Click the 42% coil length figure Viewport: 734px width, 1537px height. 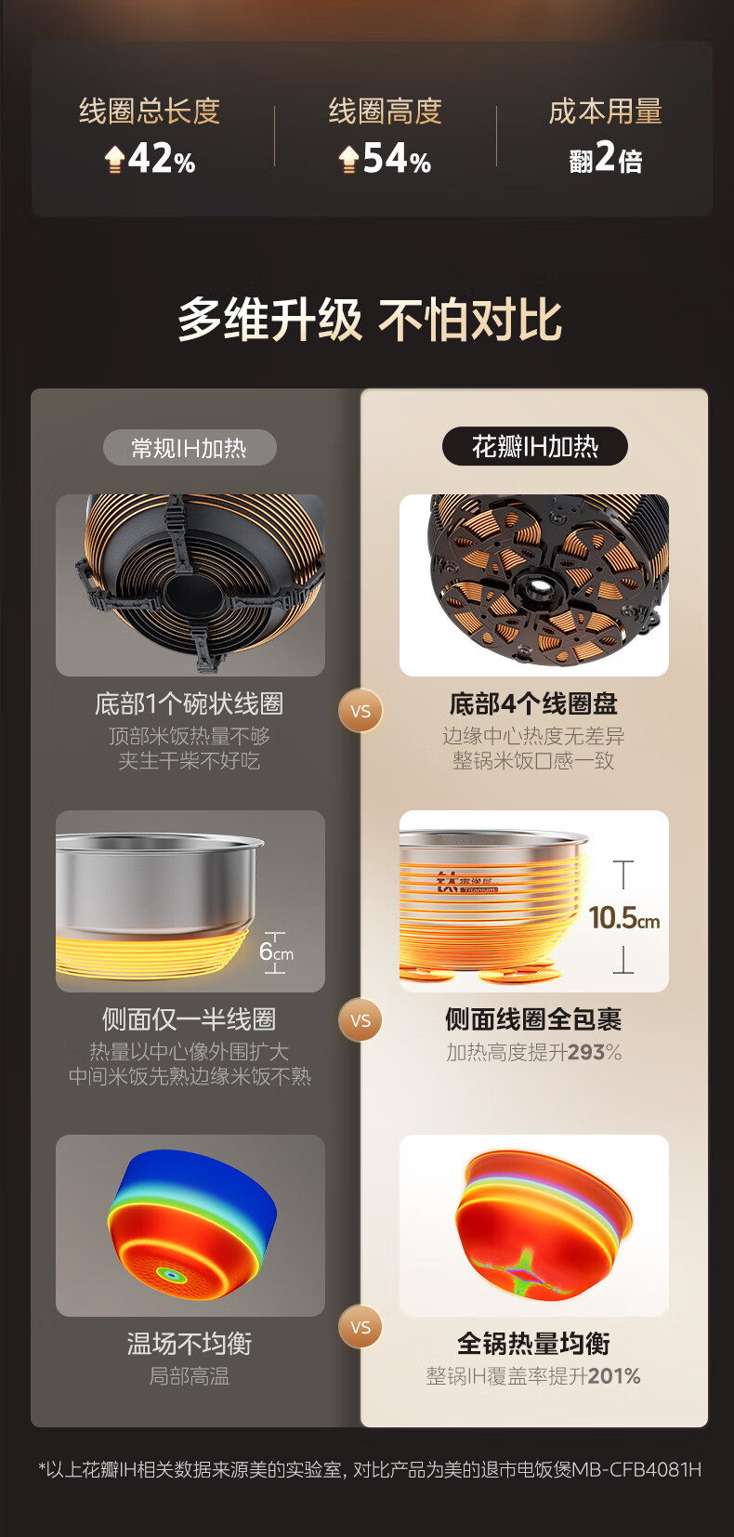[162, 159]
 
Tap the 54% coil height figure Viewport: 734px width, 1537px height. [397, 159]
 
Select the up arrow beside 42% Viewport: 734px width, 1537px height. [114, 159]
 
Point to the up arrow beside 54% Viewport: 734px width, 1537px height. [349, 159]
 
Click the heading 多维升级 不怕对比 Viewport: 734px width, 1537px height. [370, 320]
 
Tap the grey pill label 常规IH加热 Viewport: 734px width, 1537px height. [190, 447]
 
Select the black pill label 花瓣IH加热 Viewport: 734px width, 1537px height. [534, 446]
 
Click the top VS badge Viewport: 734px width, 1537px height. [360, 711]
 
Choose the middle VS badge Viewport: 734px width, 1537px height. [360, 1020]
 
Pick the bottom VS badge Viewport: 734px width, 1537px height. [360, 1327]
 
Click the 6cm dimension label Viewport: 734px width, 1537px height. [276, 952]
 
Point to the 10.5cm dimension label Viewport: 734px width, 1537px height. [624, 917]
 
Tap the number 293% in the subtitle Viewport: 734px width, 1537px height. [595, 1052]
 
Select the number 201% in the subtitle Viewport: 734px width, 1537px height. [614, 1375]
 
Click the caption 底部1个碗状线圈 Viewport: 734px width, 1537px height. [189, 703]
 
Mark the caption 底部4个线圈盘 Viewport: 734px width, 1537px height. [533, 703]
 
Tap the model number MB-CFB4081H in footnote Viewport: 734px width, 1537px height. [636, 1470]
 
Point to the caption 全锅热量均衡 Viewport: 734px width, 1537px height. [533, 1344]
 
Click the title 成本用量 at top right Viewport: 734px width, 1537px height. [605, 112]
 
